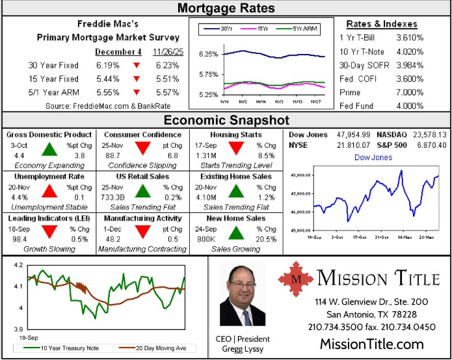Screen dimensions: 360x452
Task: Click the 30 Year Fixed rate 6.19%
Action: click(x=108, y=66)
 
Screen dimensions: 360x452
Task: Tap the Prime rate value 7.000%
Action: click(x=410, y=92)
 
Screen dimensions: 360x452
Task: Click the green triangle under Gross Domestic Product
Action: click(x=49, y=150)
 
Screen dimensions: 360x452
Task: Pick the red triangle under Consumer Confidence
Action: click(x=144, y=150)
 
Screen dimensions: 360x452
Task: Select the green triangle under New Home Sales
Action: click(x=237, y=232)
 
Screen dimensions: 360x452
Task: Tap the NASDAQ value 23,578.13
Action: click(x=427, y=135)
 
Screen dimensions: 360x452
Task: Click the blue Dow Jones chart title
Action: click(x=373, y=158)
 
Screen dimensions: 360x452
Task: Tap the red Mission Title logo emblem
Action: click(x=296, y=279)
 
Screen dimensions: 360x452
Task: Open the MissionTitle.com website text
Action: click(x=371, y=344)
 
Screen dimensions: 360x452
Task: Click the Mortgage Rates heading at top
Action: click(x=226, y=8)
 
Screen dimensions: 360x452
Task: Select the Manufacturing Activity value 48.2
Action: click(x=112, y=239)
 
